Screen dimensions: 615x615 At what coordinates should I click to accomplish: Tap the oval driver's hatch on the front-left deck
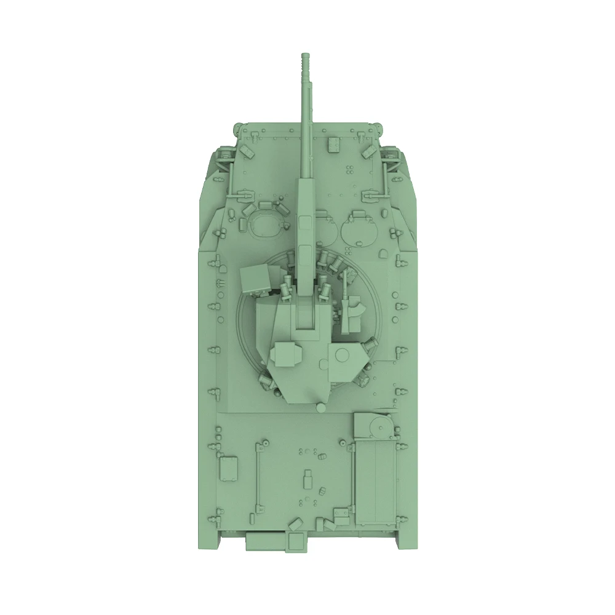point(266,224)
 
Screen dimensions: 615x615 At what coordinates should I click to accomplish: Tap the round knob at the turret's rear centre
point(320,407)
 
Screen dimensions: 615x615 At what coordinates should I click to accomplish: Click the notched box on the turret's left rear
point(286,354)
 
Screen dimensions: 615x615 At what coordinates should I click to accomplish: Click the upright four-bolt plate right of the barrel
point(334,143)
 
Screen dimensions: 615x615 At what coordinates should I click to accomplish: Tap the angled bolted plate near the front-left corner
point(247,150)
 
